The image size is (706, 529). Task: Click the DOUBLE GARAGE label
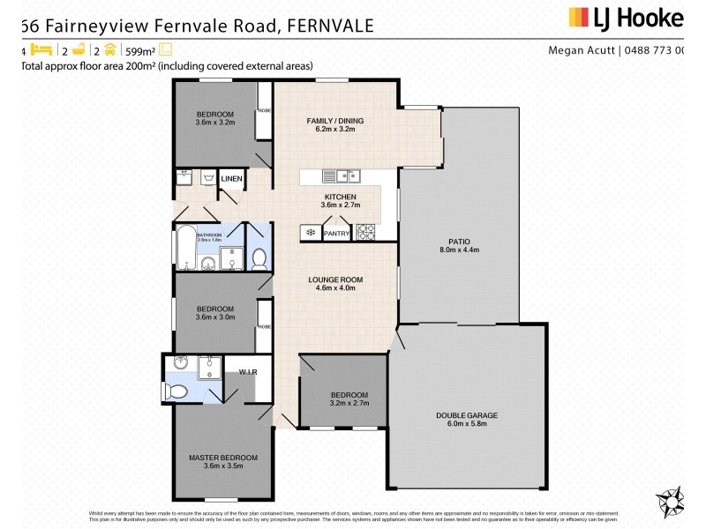tap(467, 414)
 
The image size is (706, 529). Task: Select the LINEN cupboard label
tap(231, 180)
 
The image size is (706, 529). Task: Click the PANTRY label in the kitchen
tap(337, 234)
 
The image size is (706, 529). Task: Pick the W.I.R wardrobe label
tap(247, 373)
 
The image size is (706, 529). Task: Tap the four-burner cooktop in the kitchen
tap(365, 233)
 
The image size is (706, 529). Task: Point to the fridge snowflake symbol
tap(311, 233)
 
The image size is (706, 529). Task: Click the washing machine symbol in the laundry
tap(208, 178)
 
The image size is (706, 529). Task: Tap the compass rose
tap(671, 501)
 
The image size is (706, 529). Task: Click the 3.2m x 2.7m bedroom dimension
tap(343, 402)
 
